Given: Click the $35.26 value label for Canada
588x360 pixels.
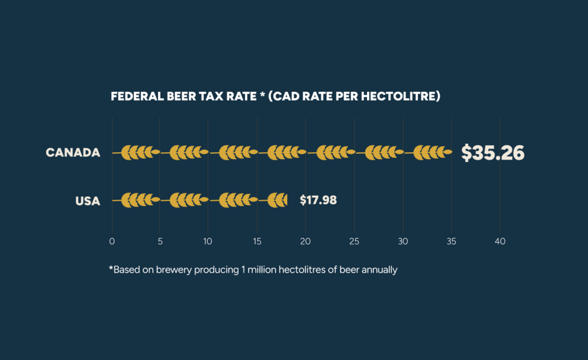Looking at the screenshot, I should point(493,153).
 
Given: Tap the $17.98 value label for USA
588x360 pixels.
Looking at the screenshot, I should point(318,200).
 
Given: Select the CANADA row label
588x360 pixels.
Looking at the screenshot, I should point(73,153).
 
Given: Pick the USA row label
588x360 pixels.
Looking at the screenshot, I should point(88,201).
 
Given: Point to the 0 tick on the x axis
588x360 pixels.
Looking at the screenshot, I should point(112,242).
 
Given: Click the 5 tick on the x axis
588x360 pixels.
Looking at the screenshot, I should point(160,242).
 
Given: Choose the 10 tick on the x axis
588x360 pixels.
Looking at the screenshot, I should point(208,242).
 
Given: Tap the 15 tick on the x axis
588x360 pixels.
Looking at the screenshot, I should point(257,242).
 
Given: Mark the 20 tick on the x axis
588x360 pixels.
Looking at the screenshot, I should point(305,242).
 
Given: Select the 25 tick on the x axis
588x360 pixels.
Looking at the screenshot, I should point(354,242).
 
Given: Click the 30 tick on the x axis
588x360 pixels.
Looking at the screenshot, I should point(403,242).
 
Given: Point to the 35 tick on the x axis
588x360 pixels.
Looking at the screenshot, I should point(451,242).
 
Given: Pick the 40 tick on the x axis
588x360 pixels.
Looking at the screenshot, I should point(500,242).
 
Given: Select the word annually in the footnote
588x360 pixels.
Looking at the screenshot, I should point(380,269).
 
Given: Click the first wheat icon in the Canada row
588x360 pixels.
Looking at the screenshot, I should point(137,152).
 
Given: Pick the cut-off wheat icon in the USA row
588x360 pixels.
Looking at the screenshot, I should point(278,200).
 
